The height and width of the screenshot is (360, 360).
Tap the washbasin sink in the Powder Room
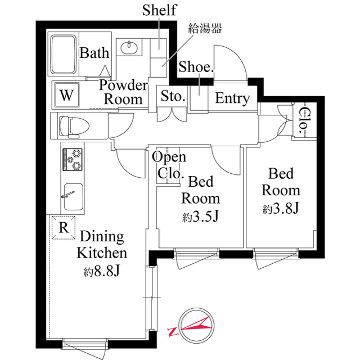[129, 47]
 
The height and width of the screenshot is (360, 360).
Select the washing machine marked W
[67, 95]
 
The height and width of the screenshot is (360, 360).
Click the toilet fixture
[74, 126]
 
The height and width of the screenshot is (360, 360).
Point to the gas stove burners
[73, 159]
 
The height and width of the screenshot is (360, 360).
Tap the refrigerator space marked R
[64, 227]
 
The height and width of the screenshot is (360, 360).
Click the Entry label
[232, 98]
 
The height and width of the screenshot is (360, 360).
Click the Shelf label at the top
[159, 10]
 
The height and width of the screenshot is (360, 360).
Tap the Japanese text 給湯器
[205, 29]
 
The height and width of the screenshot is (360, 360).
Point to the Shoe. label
[196, 67]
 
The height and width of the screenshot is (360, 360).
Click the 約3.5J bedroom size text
[200, 217]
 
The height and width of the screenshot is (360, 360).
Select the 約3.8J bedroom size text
[280, 209]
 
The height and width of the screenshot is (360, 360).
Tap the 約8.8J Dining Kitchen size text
[101, 271]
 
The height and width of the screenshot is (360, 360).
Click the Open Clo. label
[169, 165]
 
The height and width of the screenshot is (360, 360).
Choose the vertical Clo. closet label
[304, 120]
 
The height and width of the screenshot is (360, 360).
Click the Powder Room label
[123, 92]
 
